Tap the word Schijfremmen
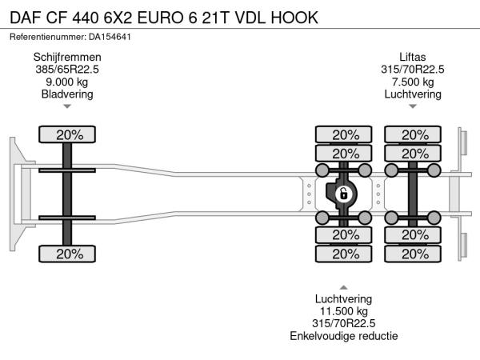tap(67, 57)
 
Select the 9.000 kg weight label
tap(67, 82)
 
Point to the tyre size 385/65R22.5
tap(67, 70)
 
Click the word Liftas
tap(413, 57)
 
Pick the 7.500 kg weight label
tap(413, 82)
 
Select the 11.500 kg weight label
tap(344, 311)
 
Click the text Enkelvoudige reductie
tap(344, 336)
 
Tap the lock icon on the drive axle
tap(344, 194)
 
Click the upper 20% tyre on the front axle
tap(69, 134)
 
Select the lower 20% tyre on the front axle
tap(69, 254)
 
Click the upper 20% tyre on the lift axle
tap(414, 134)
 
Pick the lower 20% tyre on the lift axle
tap(414, 254)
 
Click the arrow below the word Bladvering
tap(67, 106)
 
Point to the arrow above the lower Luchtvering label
tap(344, 286)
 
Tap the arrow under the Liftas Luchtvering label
tap(413, 106)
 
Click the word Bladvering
tap(67, 94)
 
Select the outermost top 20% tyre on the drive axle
tap(345, 134)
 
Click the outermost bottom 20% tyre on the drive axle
tap(345, 254)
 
